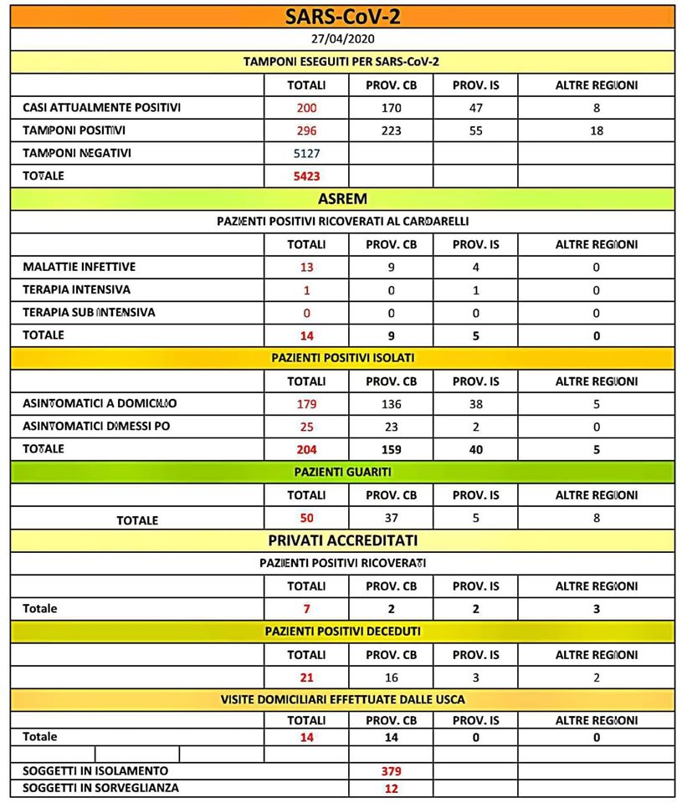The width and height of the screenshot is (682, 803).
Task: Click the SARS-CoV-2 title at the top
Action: pyautogui.click(x=341, y=17)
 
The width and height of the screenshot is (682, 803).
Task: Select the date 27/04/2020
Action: pyautogui.click(x=341, y=39)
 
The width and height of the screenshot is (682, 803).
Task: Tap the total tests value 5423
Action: pyautogui.click(x=306, y=176)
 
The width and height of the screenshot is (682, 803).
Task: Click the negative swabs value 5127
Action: pyautogui.click(x=306, y=154)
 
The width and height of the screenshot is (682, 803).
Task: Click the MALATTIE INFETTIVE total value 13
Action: pyautogui.click(x=306, y=268)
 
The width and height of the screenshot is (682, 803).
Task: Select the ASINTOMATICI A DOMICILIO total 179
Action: pyautogui.click(x=306, y=404)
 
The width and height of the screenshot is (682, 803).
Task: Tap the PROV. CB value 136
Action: pyautogui.click(x=391, y=404)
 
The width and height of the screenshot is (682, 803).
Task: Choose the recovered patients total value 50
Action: pyautogui.click(x=306, y=519)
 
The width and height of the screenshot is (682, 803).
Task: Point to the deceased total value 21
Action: pyautogui.click(x=306, y=678)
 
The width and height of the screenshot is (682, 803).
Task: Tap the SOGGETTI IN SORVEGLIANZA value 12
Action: pyautogui.click(x=391, y=788)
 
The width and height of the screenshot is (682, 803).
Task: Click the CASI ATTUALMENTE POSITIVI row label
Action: pyautogui.click(x=101, y=108)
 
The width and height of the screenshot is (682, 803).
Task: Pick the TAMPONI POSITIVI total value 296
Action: pyautogui.click(x=306, y=131)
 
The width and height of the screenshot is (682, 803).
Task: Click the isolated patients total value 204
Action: pyautogui.click(x=306, y=449)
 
